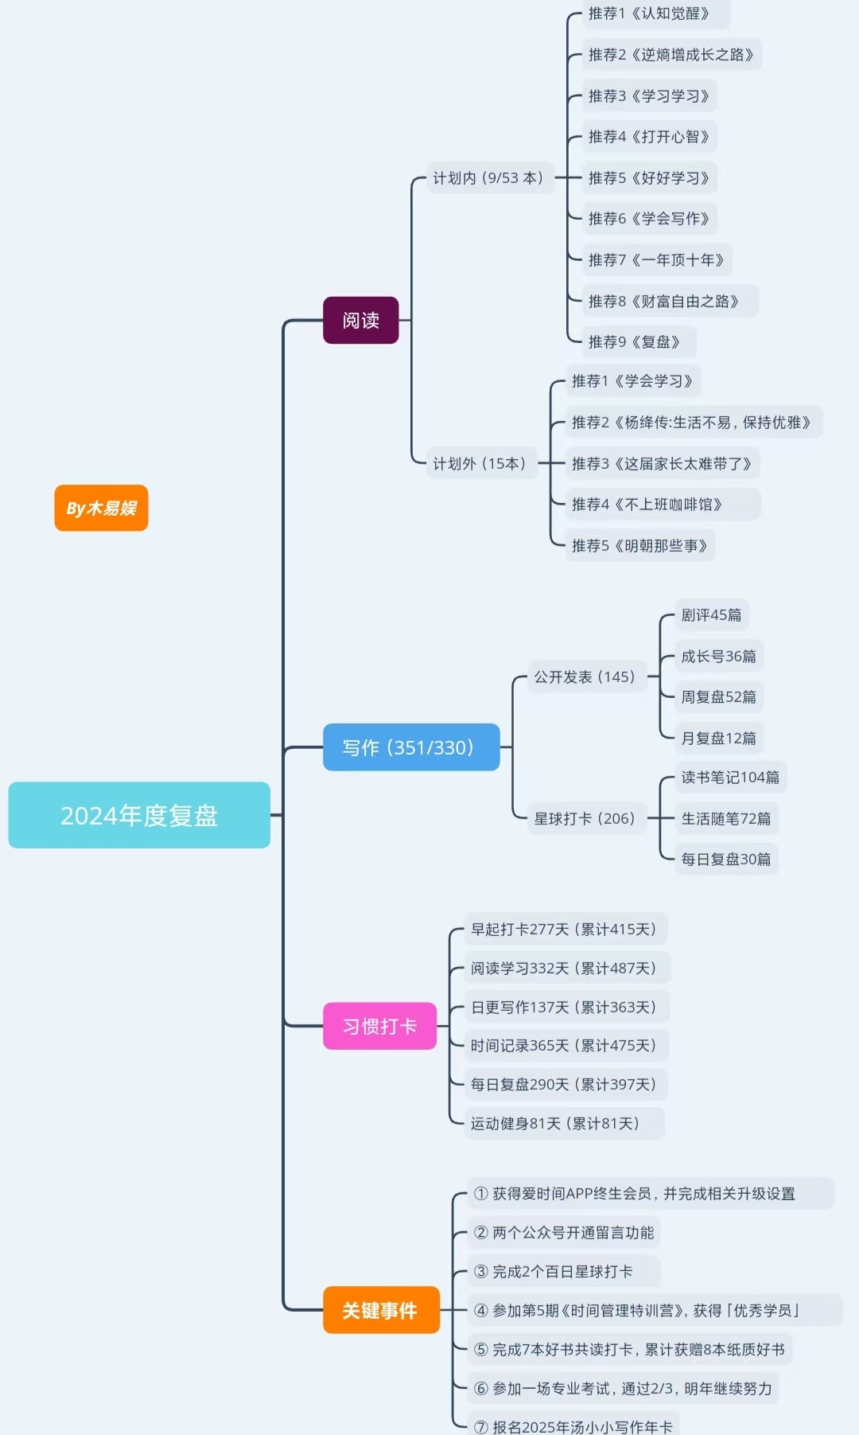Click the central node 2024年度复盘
click(x=139, y=815)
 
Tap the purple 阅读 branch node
click(x=360, y=320)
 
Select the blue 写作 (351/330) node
click(x=410, y=747)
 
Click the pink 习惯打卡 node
click(x=379, y=1026)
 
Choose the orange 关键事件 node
click(x=380, y=1310)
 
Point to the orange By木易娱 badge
click(x=101, y=508)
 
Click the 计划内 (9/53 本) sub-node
click(x=488, y=177)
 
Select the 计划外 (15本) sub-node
click(x=479, y=463)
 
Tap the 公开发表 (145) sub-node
click(x=585, y=677)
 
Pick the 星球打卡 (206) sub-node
click(x=585, y=818)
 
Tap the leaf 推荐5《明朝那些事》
click(x=639, y=545)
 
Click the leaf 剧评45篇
click(x=711, y=614)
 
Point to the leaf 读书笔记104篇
click(x=730, y=777)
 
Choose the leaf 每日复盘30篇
click(x=725, y=859)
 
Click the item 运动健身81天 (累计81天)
click(x=555, y=1123)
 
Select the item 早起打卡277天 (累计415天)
click(x=563, y=929)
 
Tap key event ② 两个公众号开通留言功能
click(x=563, y=1232)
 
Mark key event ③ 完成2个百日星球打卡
click(x=554, y=1271)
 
